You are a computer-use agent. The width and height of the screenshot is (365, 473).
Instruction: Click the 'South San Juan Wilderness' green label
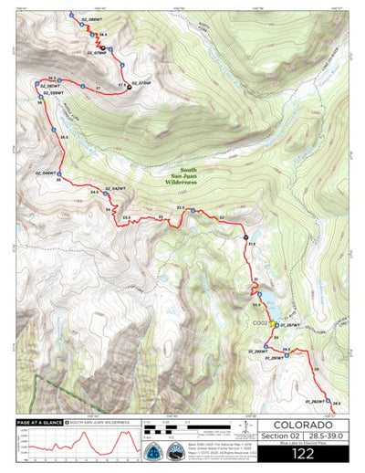pyautogui.click(x=182, y=177)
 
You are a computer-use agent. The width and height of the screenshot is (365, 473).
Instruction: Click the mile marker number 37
pyautogui.click(x=98, y=88)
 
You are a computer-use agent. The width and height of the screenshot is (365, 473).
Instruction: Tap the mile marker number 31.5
pyautogui.click(x=252, y=244)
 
